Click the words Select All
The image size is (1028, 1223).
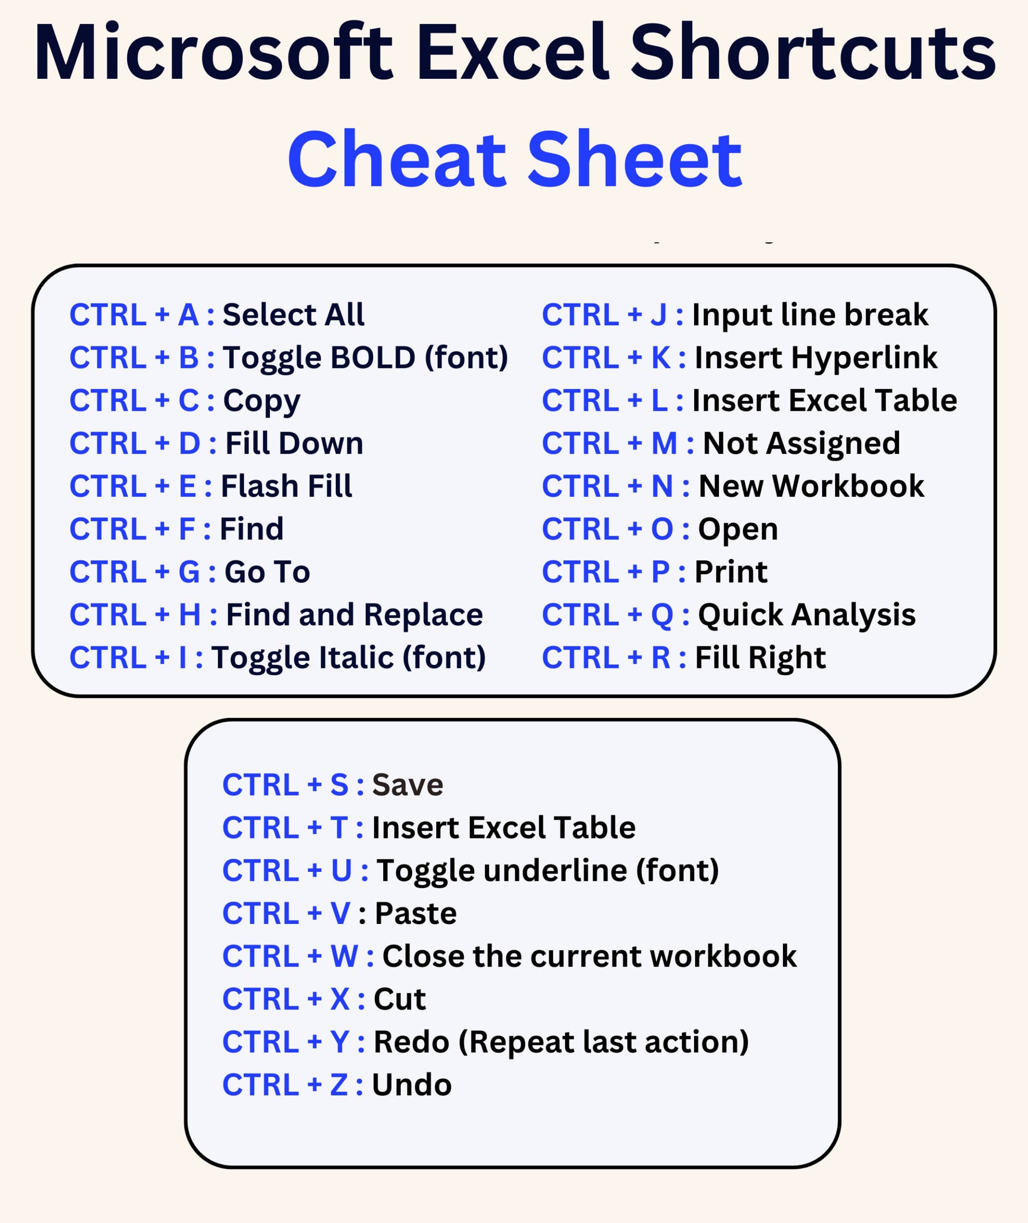(294, 315)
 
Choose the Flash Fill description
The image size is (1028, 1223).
(287, 486)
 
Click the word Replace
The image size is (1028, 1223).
(424, 615)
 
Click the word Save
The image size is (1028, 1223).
(408, 785)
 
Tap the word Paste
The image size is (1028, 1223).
(416, 913)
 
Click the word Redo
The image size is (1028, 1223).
(411, 1042)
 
